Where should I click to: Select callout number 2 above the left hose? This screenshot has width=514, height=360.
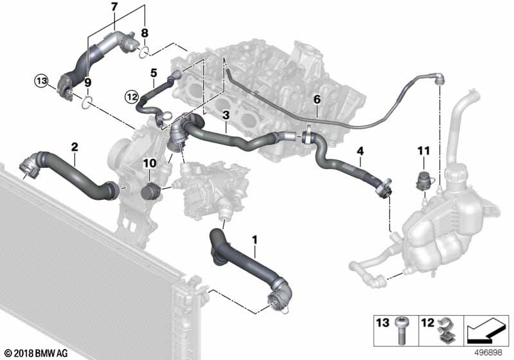click(75, 147)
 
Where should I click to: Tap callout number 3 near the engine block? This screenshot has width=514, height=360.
click(226, 114)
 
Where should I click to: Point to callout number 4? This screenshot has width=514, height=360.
click(360, 151)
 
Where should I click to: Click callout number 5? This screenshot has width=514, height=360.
click(154, 73)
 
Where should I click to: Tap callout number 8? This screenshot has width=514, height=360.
click(145, 32)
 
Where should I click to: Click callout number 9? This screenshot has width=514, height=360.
click(88, 82)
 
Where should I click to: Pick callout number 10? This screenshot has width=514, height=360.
click(149, 165)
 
